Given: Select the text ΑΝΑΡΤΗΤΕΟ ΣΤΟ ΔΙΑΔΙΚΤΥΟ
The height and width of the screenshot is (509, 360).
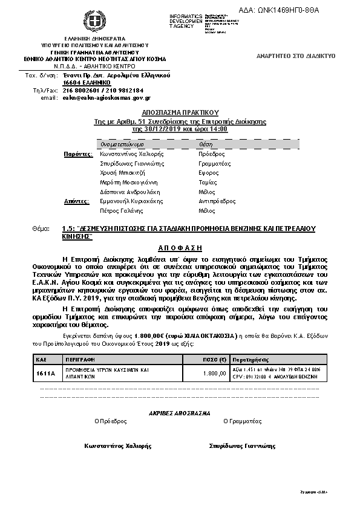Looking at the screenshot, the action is [x=296, y=56].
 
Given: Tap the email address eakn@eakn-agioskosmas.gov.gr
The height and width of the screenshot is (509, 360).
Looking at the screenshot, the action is [x=106, y=97].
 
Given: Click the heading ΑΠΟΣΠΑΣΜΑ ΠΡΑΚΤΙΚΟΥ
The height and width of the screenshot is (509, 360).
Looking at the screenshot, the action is [x=180, y=112].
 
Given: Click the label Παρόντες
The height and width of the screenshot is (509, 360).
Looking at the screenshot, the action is [x=78, y=154].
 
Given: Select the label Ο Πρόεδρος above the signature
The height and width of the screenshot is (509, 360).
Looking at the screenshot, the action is [x=111, y=420].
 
